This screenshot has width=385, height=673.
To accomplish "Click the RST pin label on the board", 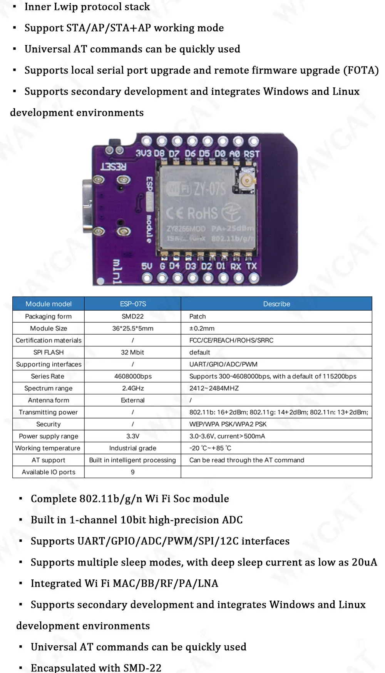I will coord(251,154).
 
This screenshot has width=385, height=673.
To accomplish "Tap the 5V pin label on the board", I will coord(147,266).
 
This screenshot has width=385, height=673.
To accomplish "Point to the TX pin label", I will coord(251,266).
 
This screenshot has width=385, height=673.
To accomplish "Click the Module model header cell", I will coord(49,304).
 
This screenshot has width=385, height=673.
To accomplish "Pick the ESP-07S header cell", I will coord(133,304).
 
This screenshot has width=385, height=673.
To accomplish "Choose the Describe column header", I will coord(276,304).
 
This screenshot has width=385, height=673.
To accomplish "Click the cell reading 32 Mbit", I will coord(132,352).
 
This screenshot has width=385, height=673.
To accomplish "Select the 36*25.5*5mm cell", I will coord(132,328).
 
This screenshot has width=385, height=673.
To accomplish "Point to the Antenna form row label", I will coord(49,400).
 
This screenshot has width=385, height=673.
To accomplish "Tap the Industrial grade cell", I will coord(132,448).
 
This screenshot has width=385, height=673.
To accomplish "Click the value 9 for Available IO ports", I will coord(132,472).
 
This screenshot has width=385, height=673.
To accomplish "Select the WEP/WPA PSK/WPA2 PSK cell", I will coord(228,424).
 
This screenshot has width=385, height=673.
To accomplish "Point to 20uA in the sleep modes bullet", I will coord(364,562).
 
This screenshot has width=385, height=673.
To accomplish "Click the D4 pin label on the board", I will coord(174,266).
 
